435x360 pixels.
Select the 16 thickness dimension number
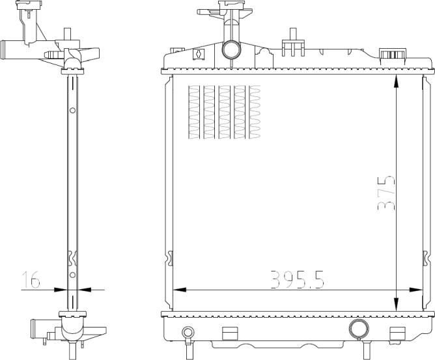click(31, 280)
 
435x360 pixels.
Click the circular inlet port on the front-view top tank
click(231, 49)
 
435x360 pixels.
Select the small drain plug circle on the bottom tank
click(188, 333)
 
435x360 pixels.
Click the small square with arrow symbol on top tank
click(200, 55)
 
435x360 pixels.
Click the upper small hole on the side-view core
click(73, 109)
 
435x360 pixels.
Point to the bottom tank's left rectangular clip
click(231, 333)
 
